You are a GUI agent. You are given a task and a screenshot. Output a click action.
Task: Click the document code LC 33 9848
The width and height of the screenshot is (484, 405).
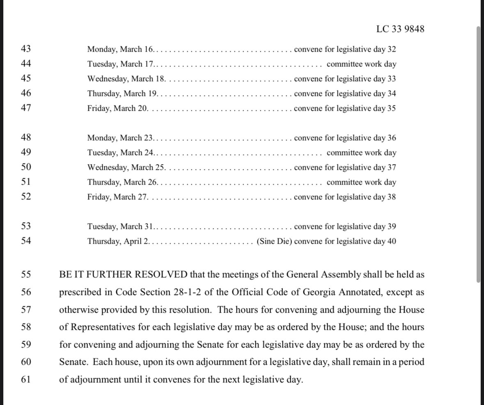[x=400, y=29]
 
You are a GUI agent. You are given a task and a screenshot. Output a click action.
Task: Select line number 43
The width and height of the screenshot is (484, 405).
[x=26, y=49]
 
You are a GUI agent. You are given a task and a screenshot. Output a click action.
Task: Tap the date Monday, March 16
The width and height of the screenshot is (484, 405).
[x=120, y=49]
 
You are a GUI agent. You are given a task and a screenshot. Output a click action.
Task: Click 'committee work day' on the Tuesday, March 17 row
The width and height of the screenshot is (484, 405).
[x=361, y=64]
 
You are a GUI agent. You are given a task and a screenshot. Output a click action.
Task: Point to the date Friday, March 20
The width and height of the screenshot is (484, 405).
[x=117, y=108]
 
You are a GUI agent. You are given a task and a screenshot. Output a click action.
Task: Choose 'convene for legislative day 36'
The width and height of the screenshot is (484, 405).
[x=345, y=138]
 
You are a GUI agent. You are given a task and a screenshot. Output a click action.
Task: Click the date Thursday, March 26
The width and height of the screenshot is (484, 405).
[x=122, y=182]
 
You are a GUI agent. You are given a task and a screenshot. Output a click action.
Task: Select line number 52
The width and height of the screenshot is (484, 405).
[x=26, y=197]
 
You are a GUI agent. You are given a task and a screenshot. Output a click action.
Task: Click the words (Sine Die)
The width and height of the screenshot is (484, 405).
[x=274, y=241]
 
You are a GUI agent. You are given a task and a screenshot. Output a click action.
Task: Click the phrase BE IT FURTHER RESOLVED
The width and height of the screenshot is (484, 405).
[x=123, y=275]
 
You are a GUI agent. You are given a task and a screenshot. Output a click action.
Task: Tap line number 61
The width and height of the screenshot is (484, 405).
[x=26, y=379]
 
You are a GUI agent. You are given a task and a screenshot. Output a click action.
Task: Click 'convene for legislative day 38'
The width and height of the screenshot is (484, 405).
[x=345, y=197]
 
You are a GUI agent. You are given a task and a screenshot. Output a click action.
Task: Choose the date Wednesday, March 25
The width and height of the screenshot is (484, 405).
[x=126, y=167]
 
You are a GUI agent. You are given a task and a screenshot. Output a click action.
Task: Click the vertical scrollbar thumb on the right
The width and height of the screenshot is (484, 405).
[x=478, y=154]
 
